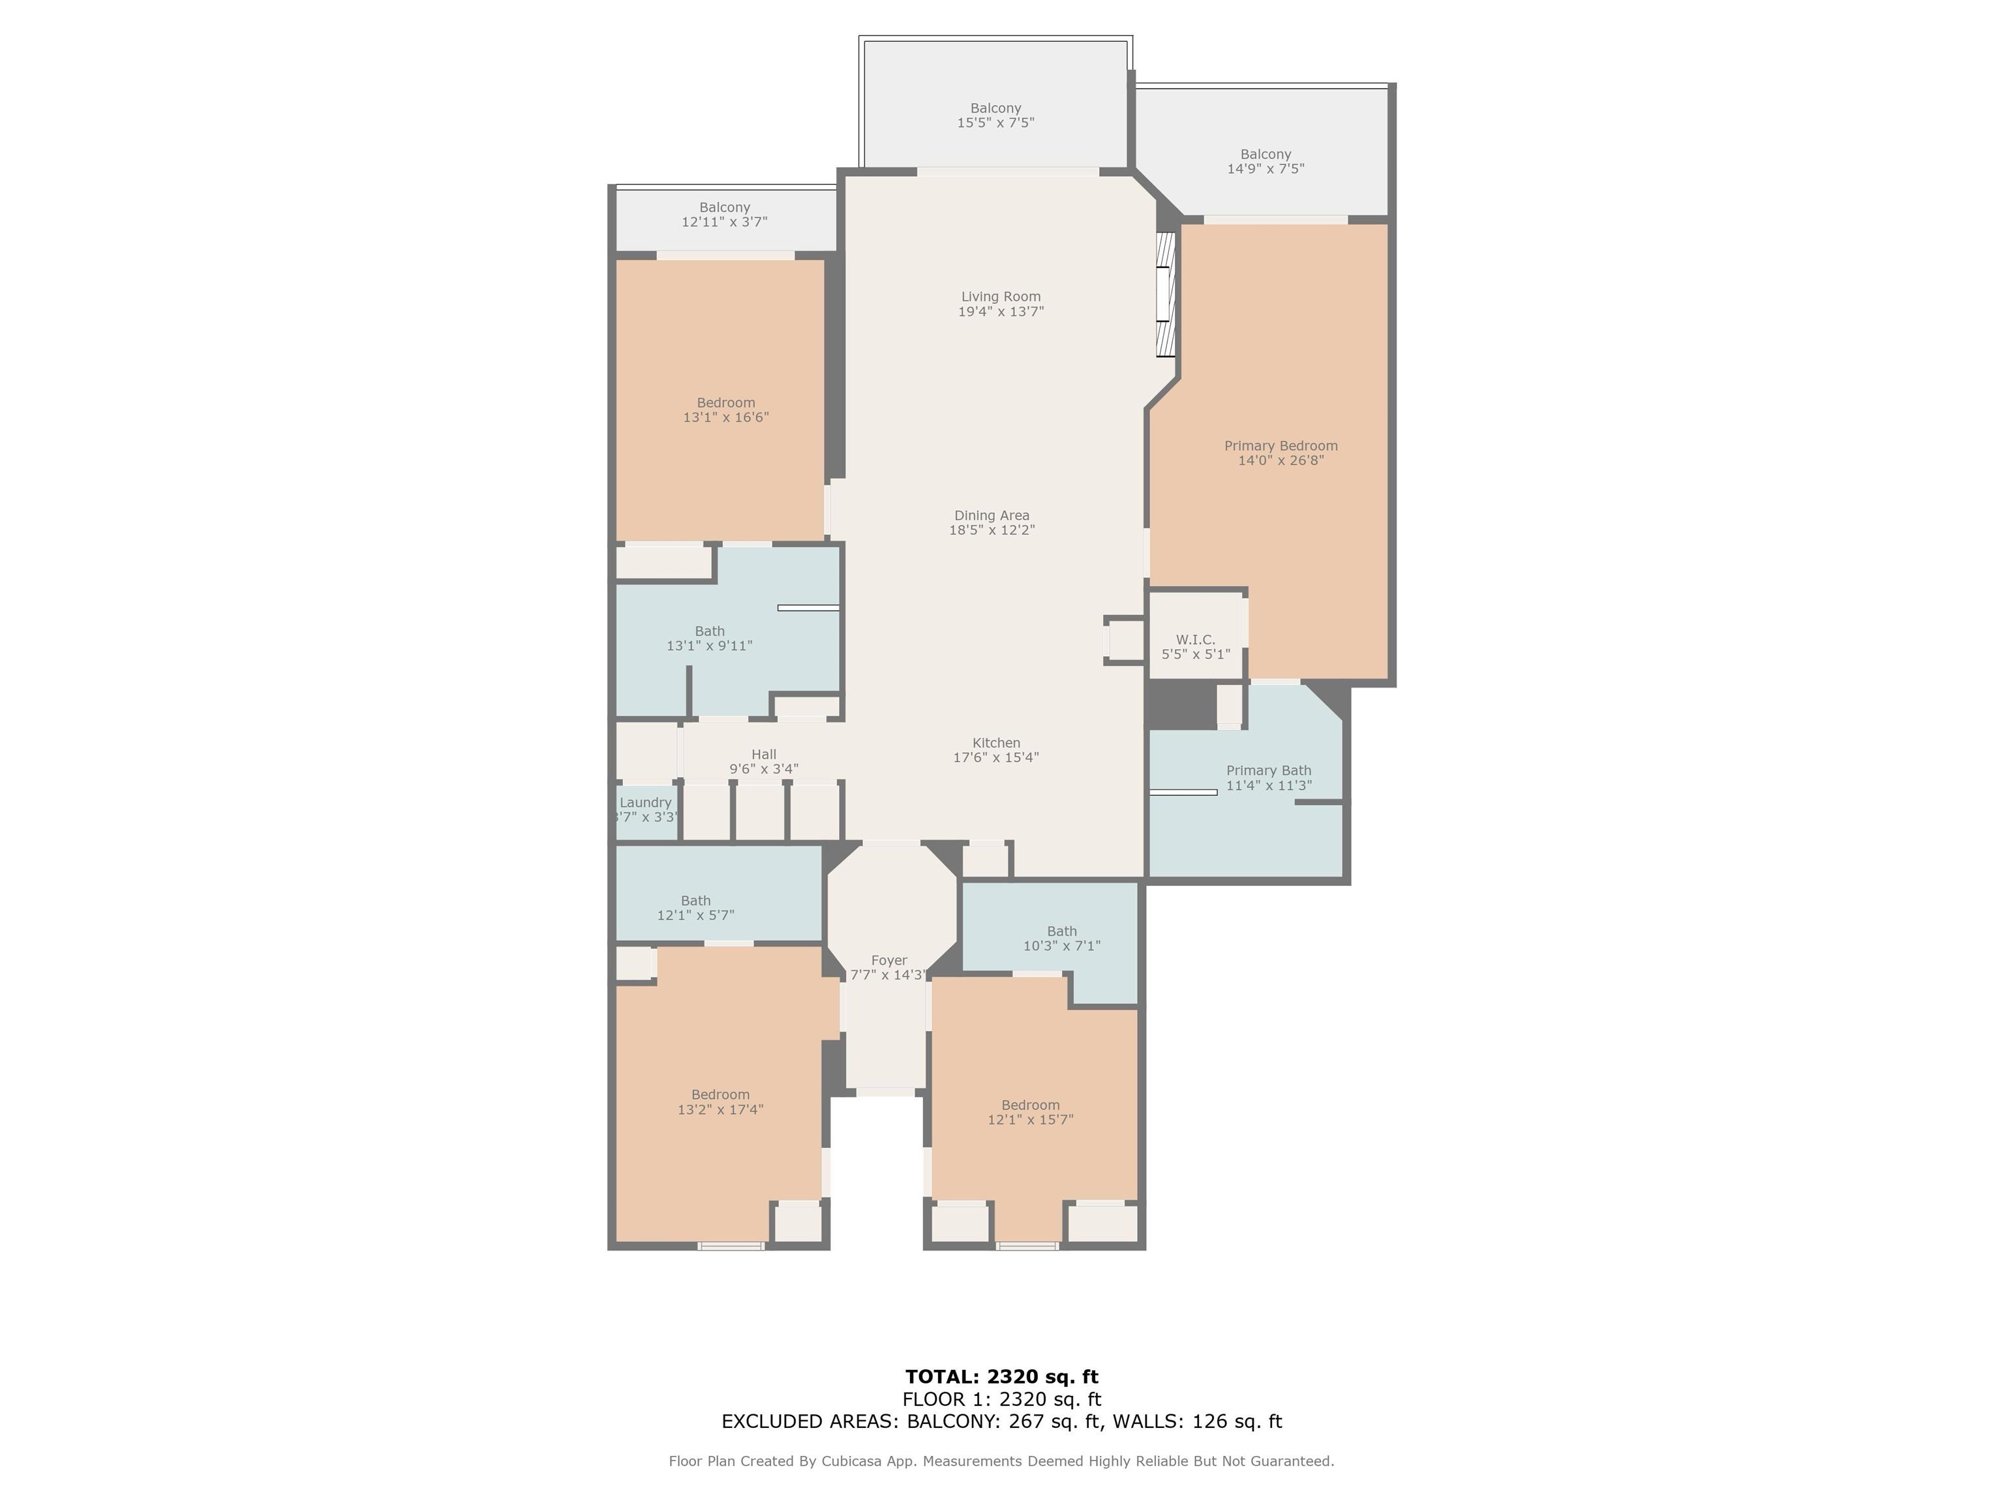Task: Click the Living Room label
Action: click(1000, 296)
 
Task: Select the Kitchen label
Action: click(995, 743)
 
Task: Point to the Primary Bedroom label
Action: click(1280, 446)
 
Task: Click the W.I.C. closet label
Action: click(1195, 639)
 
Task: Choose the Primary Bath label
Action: click(1268, 771)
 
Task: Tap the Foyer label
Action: click(888, 960)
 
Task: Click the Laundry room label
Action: click(645, 802)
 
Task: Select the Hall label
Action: click(764, 753)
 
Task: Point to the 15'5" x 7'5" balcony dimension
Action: click(995, 122)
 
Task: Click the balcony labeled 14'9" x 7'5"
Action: click(1266, 161)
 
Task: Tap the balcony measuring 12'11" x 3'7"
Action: click(725, 215)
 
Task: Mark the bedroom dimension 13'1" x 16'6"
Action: click(725, 417)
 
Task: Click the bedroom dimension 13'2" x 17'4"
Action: click(720, 1109)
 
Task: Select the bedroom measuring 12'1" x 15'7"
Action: click(1030, 1112)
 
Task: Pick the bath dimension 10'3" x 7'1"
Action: click(1062, 946)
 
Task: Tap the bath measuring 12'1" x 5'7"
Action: click(695, 908)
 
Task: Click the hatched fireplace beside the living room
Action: click(1166, 294)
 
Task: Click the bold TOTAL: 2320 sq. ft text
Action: click(1001, 1378)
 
